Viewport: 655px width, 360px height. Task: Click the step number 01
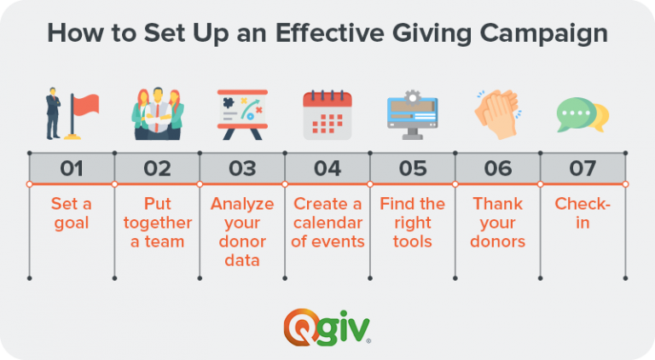[72, 168]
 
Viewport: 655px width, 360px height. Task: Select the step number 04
[327, 168]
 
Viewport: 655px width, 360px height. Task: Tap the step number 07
[583, 168]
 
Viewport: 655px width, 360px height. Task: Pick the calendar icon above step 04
[327, 114]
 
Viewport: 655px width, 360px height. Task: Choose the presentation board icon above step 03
[242, 114]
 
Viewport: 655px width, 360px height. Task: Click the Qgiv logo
[327, 325]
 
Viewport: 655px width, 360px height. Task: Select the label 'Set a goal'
[72, 213]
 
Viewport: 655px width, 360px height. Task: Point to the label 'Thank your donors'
[498, 223]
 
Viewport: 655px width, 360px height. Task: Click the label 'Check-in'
[583, 213]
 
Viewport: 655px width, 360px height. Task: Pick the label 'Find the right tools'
[413, 223]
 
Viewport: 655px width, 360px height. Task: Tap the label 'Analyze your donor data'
[242, 232]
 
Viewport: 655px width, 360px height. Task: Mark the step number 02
[157, 168]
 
